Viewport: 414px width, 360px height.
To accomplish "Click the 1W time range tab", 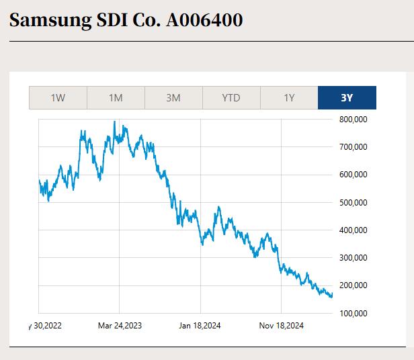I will [x=58, y=98].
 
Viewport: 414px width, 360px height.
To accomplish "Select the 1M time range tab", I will [x=116, y=98].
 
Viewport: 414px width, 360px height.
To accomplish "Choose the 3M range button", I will [x=173, y=98].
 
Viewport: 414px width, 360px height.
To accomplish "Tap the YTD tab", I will [x=231, y=98].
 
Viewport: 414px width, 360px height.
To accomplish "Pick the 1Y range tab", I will [x=289, y=98].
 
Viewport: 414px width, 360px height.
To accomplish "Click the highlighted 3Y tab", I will [x=347, y=98].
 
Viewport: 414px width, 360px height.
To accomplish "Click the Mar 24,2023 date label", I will [x=120, y=326].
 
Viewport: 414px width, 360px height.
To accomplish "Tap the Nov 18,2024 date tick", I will [x=282, y=326].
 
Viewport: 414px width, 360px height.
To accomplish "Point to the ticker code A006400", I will [x=204, y=20].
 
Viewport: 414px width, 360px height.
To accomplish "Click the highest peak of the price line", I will [x=115, y=122].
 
